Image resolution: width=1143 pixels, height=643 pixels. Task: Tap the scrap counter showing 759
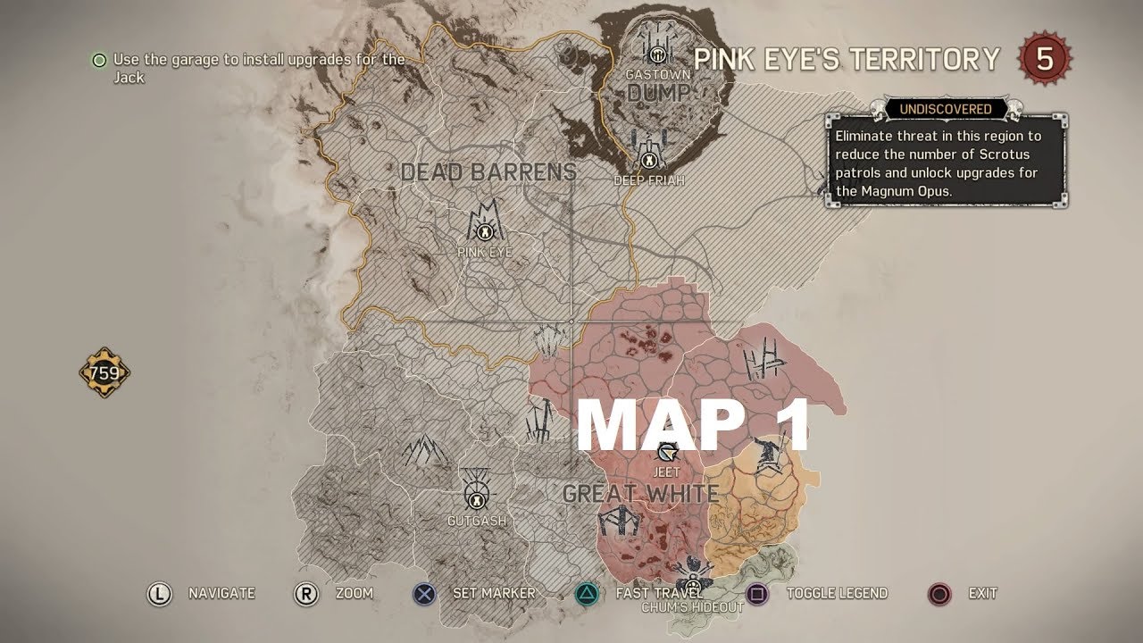point(104,372)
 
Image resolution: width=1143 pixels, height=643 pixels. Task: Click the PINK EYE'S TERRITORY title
point(847,60)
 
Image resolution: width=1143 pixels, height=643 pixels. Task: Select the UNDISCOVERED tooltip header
point(945,109)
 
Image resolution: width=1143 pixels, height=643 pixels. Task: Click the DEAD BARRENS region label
point(488,172)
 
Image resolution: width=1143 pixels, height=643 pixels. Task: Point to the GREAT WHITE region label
point(640,493)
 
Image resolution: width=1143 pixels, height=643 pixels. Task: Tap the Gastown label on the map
point(658,75)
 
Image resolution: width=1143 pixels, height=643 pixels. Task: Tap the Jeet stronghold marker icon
point(666,454)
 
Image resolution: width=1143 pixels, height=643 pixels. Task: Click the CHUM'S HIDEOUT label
point(692,607)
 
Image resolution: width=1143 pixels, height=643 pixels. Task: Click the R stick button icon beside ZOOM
point(305,593)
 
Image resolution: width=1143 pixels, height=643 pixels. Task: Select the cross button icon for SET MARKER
point(424,593)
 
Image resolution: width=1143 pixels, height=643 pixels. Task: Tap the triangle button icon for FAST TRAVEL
point(587,593)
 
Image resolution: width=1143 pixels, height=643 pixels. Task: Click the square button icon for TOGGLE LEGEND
point(757,593)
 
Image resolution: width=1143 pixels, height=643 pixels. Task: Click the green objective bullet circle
point(99,60)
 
